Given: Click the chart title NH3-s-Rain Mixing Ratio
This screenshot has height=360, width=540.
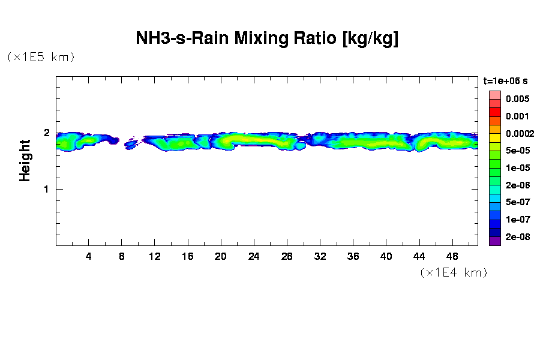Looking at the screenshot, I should (x=268, y=39).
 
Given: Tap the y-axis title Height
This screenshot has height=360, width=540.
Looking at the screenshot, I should (x=25, y=160).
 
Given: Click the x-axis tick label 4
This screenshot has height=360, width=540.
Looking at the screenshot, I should (x=89, y=256).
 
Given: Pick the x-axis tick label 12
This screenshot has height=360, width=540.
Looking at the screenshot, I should (x=155, y=256).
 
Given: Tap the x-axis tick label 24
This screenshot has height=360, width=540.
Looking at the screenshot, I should (x=254, y=256).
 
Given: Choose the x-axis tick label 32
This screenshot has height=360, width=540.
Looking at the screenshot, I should (x=320, y=256).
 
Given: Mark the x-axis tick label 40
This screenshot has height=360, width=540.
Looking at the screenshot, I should (x=386, y=256).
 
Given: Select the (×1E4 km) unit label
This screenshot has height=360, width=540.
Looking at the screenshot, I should (x=454, y=272).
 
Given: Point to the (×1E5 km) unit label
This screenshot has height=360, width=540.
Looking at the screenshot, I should (x=41, y=57).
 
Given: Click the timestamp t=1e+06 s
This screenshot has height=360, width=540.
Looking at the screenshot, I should (x=505, y=80).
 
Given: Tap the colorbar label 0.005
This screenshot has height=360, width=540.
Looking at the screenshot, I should (x=517, y=99).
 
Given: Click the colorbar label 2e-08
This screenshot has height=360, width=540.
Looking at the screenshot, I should (x=517, y=238).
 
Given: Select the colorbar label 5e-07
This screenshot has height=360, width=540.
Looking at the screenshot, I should (x=517, y=203).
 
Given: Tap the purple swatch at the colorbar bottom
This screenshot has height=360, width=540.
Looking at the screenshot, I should (x=494, y=242).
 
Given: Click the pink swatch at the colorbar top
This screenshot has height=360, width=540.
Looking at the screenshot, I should (x=494, y=95).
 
